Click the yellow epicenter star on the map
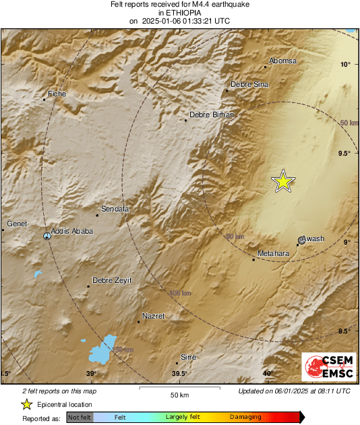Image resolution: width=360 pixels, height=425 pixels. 283,181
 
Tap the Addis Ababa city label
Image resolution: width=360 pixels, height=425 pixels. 71,231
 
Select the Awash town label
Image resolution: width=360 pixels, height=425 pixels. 313,238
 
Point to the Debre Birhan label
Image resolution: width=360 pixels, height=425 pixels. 211,115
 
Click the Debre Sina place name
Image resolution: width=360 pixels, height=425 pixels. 249,84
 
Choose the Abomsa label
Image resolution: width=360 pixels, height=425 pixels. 283,61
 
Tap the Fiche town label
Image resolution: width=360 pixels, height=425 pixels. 57,94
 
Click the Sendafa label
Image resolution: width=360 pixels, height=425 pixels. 115,209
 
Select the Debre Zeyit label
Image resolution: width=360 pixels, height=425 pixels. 113,280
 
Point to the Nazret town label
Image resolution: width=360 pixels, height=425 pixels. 154,316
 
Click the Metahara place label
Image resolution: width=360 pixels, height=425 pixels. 274,254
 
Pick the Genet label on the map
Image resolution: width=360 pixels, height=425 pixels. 17,224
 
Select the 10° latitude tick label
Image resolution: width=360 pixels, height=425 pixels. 345,65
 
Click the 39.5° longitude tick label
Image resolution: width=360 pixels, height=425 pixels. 179,374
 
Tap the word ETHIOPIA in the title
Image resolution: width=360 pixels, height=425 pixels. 179,12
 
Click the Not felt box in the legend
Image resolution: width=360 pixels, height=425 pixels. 80,418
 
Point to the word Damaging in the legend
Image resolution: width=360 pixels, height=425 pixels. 245,418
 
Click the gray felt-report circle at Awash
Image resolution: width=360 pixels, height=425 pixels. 301,240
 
